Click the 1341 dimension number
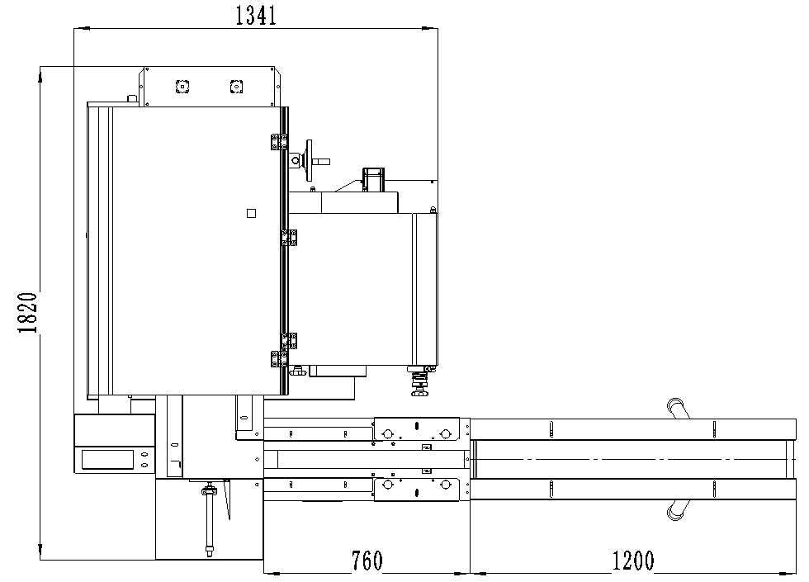coord(256,16)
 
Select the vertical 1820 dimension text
coord(28,313)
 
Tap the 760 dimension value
coord(367,561)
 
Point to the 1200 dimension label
coord(633,561)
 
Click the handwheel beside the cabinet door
coord(309,160)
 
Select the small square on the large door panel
coord(251,213)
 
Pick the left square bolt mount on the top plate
coord(182,87)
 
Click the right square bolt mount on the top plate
coord(236,87)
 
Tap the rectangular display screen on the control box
coord(108,460)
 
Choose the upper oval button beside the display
coord(145,455)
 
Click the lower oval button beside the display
coord(145,465)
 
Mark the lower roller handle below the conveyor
coord(678,510)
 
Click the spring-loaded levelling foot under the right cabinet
coord(419,381)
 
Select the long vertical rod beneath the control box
coord(210,518)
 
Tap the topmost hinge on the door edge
coord(279,142)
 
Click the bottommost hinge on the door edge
coord(279,358)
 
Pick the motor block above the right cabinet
coord(373,180)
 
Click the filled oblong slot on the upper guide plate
coord(416,426)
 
